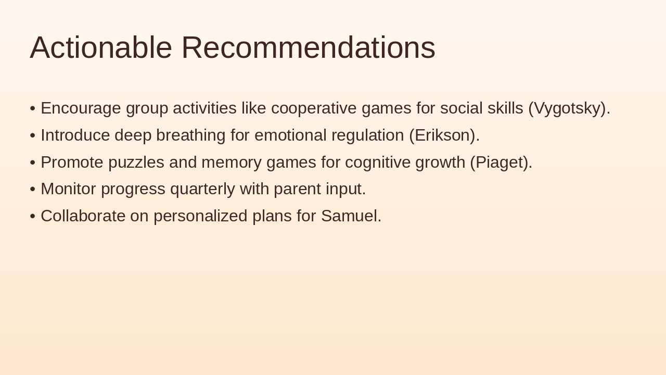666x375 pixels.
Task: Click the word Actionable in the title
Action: click(x=101, y=47)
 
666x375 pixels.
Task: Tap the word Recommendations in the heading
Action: click(x=308, y=47)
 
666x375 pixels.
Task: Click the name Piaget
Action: click(x=499, y=162)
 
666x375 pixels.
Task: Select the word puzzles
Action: click(x=136, y=162)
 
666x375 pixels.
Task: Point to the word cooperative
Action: click(x=314, y=108)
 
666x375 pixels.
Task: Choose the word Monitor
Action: click(x=68, y=189)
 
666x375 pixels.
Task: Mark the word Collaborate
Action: click(x=83, y=216)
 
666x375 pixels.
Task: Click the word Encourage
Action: click(x=81, y=108)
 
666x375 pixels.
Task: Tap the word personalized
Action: click(x=200, y=216)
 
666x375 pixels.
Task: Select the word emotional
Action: click(x=288, y=135)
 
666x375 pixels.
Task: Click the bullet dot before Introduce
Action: click(x=33, y=135)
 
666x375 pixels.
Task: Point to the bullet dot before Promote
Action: click(x=33, y=162)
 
